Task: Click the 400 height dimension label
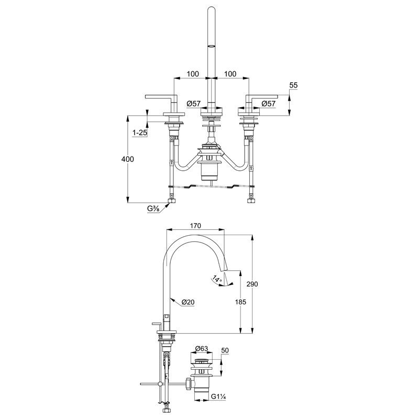[x=127, y=159]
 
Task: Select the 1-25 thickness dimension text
[x=140, y=132]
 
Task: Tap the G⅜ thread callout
[x=153, y=208]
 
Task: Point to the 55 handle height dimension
[x=293, y=85]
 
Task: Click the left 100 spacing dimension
[x=193, y=74]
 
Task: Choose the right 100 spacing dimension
[x=230, y=74]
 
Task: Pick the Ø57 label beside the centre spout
[x=193, y=103]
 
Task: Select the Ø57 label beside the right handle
[x=268, y=103]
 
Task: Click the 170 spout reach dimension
[x=195, y=226]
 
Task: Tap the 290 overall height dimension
[x=252, y=284]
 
